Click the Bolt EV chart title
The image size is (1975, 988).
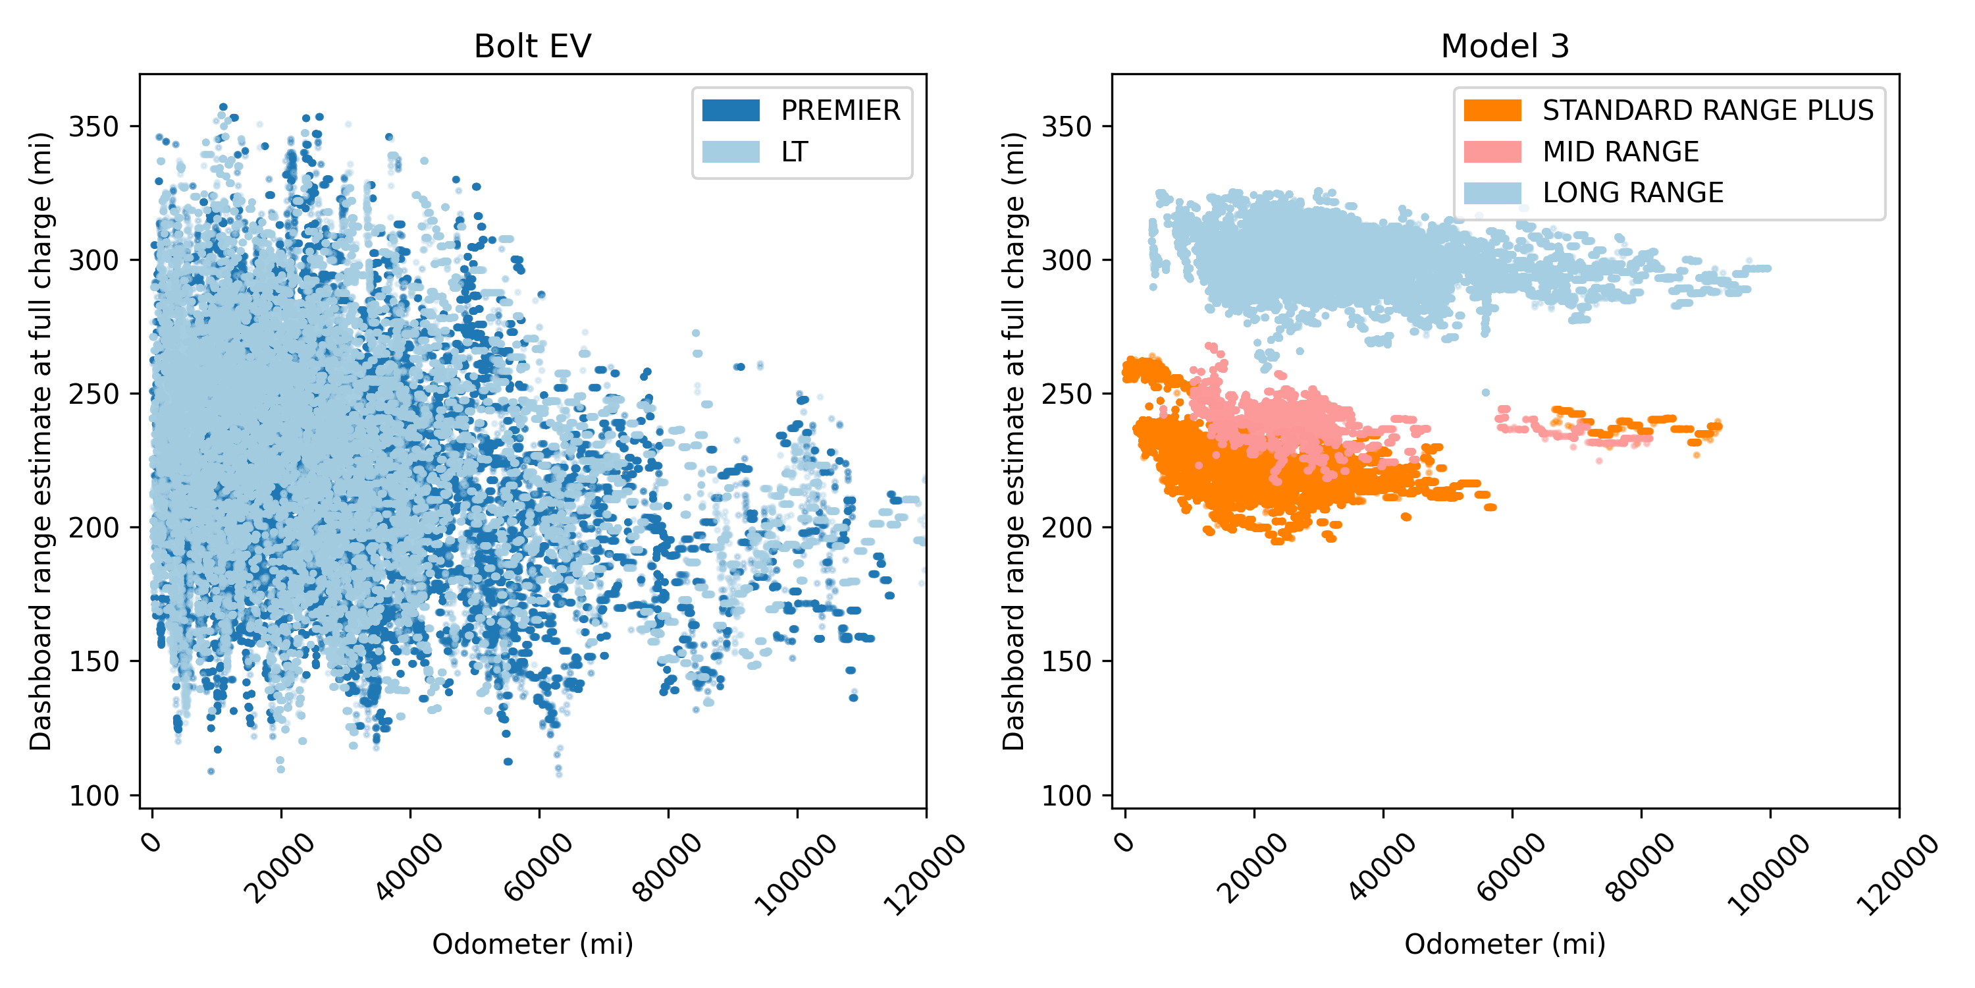pyautogui.click(x=532, y=46)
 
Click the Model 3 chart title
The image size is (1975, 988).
pyautogui.click(x=1504, y=46)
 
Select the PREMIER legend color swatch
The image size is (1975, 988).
pyautogui.click(x=731, y=111)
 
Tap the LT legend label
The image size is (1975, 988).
pyautogui.click(x=795, y=152)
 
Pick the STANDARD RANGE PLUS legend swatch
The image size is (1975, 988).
pyautogui.click(x=1492, y=111)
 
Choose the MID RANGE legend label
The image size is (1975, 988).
pyautogui.click(x=1620, y=152)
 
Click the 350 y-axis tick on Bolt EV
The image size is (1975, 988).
pyautogui.click(x=93, y=126)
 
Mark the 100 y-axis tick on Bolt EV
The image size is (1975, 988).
pyautogui.click(x=93, y=796)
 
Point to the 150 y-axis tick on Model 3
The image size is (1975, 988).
pyautogui.click(x=1066, y=661)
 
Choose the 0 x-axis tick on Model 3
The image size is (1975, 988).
pyautogui.click(x=1124, y=842)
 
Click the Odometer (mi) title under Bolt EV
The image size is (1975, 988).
pyautogui.click(x=532, y=943)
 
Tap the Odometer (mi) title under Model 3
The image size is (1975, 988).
pyautogui.click(x=1504, y=943)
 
